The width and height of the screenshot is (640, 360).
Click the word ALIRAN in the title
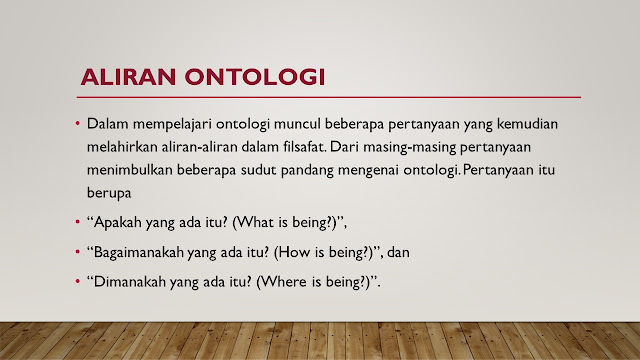pos(128,77)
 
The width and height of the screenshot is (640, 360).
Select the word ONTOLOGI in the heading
pos(255,77)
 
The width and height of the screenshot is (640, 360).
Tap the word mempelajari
pos(172,124)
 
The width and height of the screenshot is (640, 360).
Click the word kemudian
pos(527,124)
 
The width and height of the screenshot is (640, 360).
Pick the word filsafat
pos(305,147)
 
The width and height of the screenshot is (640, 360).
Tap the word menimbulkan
pos(130,170)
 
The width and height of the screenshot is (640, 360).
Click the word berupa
pos(109,193)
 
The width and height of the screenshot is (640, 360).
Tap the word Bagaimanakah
pos(139,253)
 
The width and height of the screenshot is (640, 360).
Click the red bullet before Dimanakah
pos(78,281)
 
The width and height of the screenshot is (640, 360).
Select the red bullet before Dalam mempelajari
pos(78,123)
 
